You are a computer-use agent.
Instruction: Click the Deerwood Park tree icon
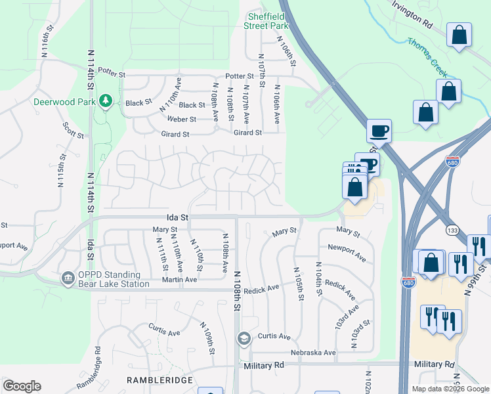click(x=104, y=100)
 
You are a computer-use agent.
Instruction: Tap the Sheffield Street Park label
click(x=267, y=21)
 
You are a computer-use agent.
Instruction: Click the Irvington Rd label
click(x=415, y=14)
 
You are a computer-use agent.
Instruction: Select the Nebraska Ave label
click(x=313, y=353)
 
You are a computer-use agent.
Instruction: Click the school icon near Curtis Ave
click(x=244, y=338)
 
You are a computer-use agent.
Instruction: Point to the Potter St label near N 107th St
click(x=240, y=76)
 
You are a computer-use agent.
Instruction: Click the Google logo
click(x=22, y=386)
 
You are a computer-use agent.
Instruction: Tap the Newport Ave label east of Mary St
click(x=347, y=254)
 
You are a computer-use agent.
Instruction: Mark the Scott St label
click(x=73, y=129)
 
